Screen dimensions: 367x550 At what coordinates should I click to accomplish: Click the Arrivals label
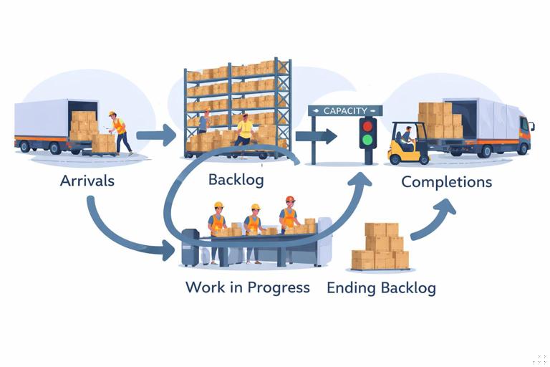87,181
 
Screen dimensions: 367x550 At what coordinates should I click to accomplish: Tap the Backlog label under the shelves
236,179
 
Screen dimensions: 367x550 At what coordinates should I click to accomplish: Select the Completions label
446,182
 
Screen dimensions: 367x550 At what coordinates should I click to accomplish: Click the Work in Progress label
247,287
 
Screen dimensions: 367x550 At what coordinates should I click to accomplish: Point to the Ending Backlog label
381,288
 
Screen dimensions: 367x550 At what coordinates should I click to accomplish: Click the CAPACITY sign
345,110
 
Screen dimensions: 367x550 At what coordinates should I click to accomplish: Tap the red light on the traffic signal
367,126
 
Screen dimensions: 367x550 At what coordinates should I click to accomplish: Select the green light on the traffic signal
367,140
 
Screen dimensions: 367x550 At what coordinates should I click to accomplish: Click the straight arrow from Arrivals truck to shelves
155,133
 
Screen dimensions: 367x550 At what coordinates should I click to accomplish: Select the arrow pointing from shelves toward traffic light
316,135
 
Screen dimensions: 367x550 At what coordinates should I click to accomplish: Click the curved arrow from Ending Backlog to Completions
433,219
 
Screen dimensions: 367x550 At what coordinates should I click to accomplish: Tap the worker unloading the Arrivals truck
120,132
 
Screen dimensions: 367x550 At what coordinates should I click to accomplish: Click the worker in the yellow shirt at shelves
245,130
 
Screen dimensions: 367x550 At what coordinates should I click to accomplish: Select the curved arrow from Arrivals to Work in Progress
122,229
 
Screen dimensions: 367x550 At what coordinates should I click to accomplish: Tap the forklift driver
407,136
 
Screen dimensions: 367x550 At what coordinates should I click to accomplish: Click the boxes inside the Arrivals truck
83,125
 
